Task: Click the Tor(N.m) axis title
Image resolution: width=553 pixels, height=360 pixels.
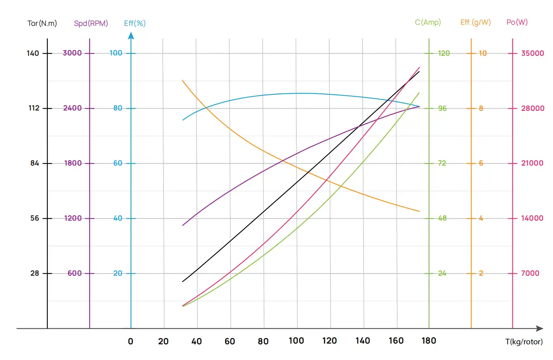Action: point(42,23)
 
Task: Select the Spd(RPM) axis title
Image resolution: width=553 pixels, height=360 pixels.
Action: point(91,23)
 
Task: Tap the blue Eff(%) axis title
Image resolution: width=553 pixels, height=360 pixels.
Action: point(135,23)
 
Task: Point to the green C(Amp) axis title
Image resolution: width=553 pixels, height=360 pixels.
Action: point(428,22)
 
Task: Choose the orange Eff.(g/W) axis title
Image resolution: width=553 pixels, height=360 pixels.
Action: point(475,22)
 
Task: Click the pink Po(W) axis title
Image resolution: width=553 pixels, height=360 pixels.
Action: point(517,22)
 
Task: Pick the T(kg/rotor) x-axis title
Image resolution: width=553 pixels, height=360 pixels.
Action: point(524,342)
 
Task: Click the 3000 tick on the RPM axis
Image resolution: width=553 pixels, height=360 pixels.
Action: point(72,53)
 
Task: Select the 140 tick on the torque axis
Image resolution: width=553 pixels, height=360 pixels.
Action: point(33,53)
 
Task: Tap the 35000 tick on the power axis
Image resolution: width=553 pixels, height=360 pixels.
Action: point(532,53)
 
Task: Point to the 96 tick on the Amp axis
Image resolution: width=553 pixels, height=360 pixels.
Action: point(442,108)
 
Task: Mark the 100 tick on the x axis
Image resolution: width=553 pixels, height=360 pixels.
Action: point(296,341)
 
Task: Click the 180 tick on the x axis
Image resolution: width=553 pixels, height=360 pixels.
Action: point(429,341)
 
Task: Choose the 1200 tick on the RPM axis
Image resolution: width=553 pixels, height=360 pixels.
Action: point(73,218)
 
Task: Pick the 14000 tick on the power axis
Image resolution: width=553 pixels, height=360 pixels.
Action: point(532,218)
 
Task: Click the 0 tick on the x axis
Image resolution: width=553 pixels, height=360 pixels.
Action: point(131,341)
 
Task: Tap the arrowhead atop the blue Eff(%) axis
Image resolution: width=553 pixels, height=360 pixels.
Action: point(131,35)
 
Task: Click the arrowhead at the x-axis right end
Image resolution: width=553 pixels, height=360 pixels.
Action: point(540,328)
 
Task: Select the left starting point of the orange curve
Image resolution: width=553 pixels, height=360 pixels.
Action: point(182,80)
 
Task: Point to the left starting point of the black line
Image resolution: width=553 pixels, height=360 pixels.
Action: point(183,281)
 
